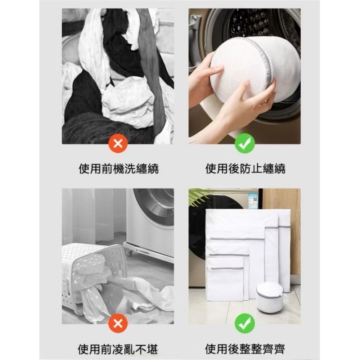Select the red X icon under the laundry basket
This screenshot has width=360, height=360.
118,324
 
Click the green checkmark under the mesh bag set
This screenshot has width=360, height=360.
245,324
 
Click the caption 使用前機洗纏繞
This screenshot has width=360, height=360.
118,168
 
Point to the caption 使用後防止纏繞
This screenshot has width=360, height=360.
245,168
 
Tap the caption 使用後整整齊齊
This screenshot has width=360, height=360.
245,348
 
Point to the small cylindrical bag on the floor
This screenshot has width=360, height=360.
270,297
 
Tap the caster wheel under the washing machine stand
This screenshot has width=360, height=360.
129,253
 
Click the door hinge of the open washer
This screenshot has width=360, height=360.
194,25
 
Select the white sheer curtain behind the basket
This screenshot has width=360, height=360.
90,216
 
